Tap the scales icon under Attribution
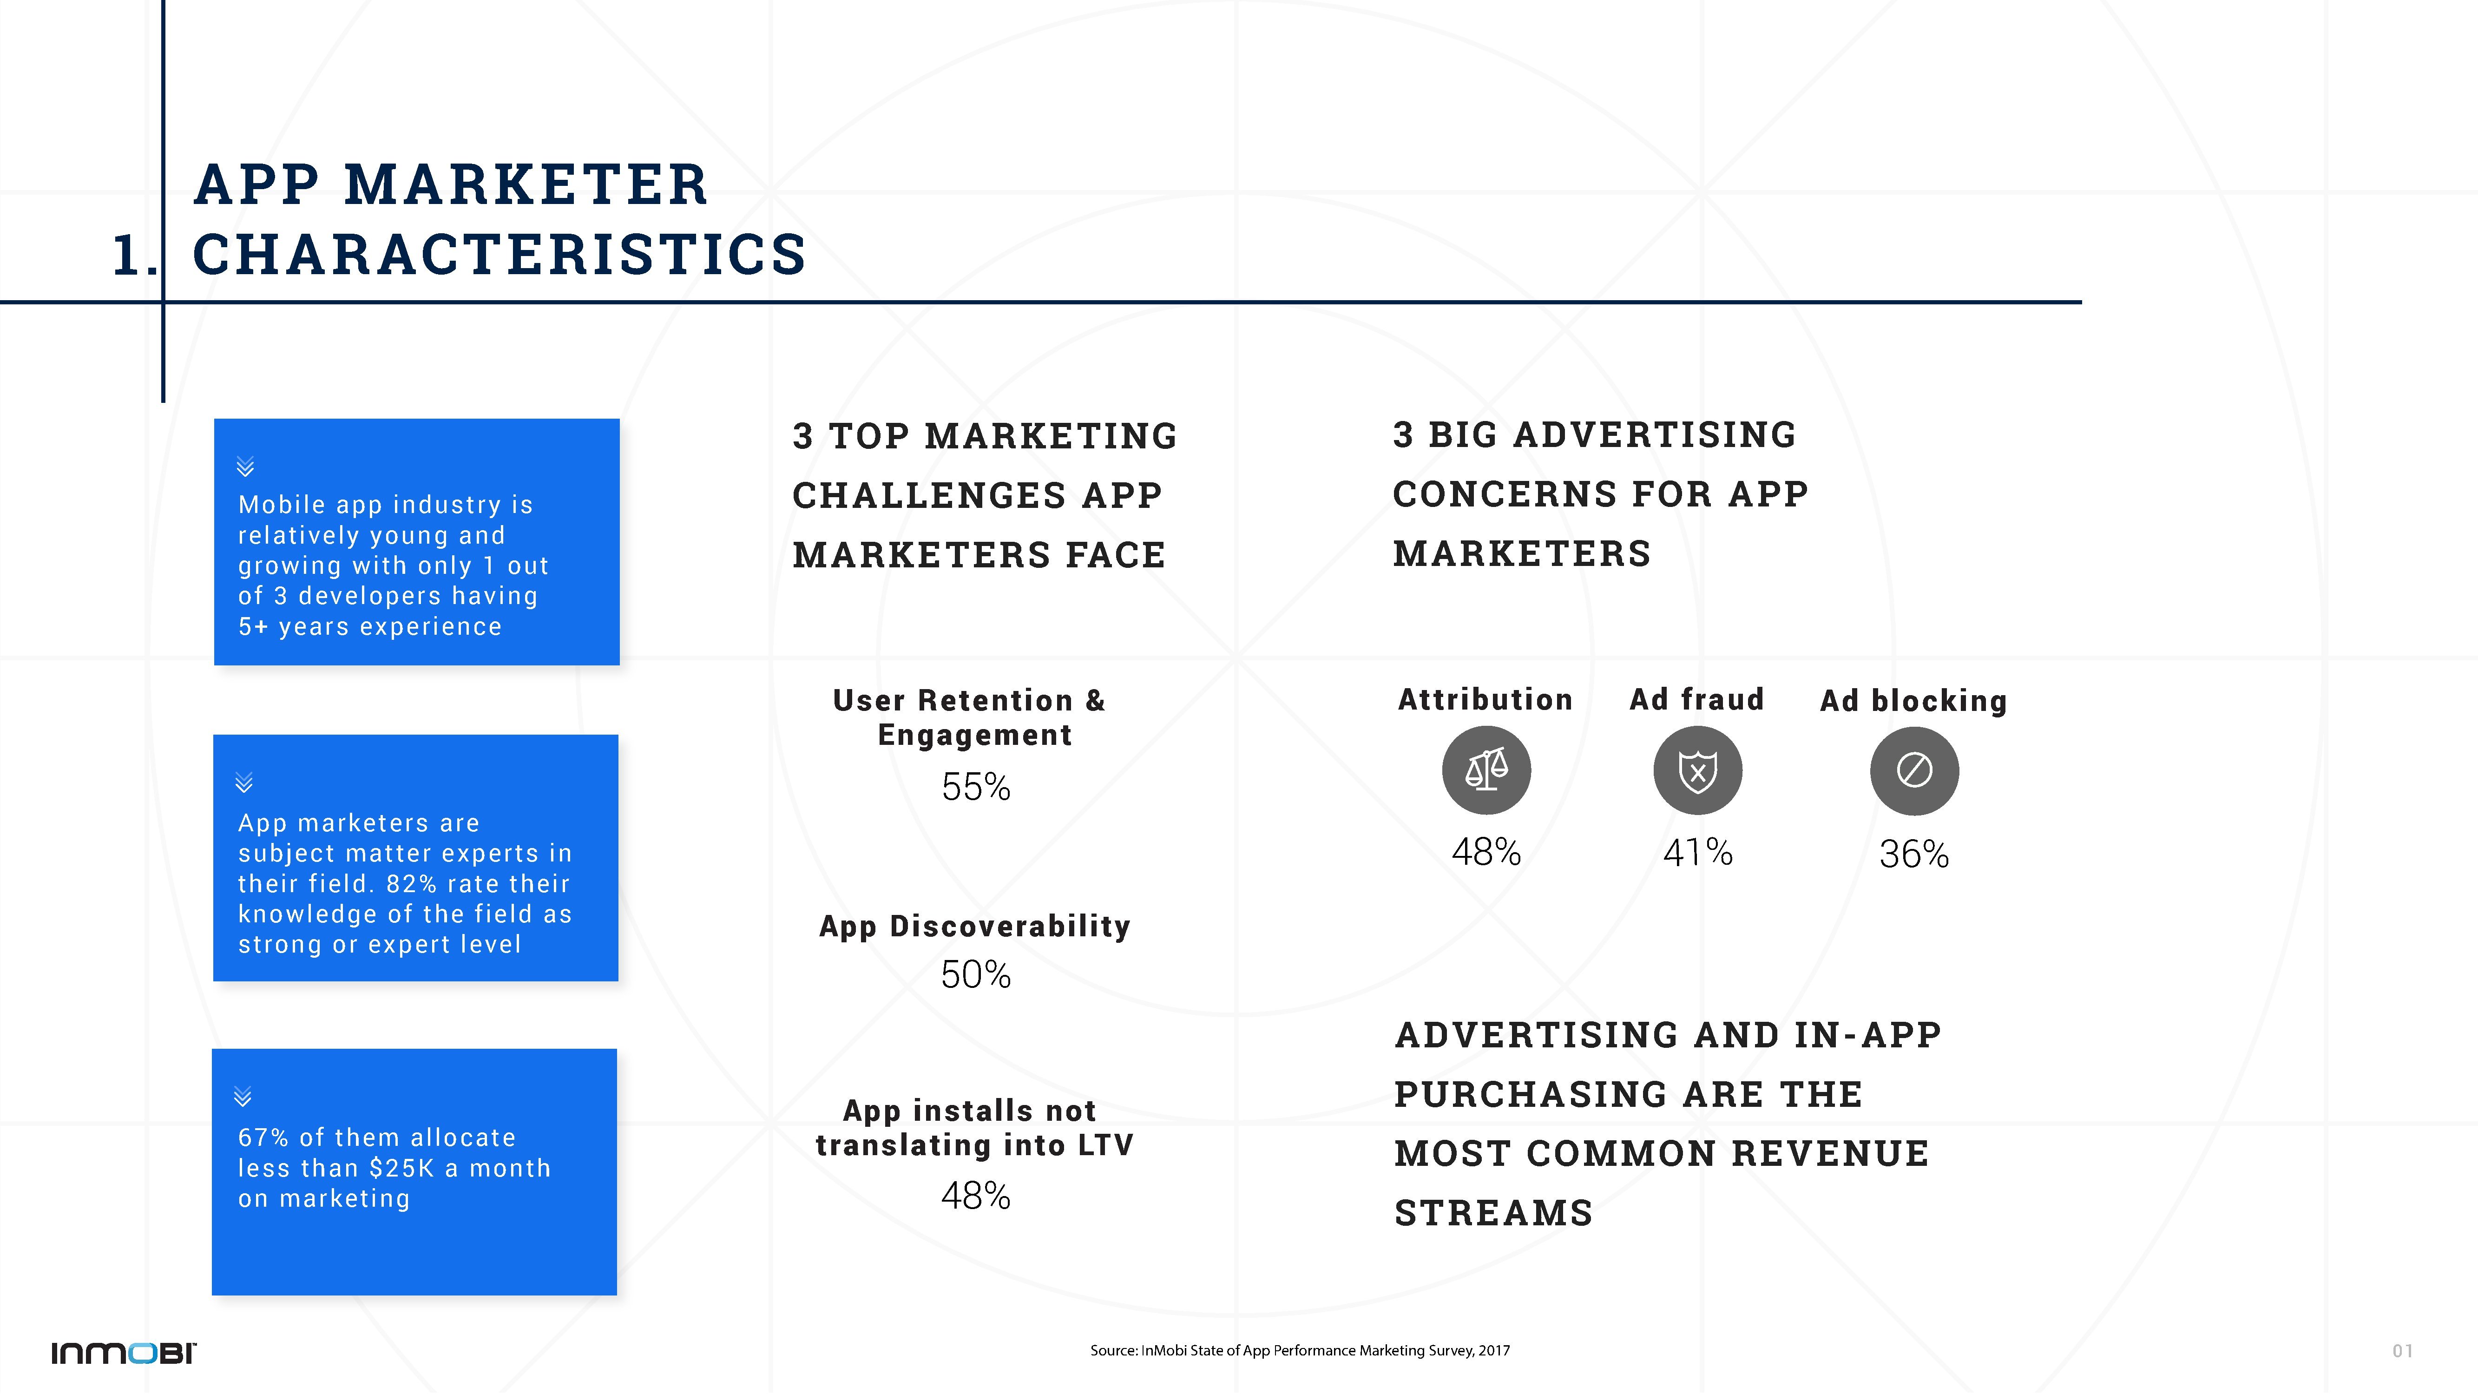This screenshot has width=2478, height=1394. [x=1486, y=770]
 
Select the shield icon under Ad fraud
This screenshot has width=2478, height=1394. [x=1698, y=770]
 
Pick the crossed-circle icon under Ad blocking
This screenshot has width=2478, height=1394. [x=1914, y=770]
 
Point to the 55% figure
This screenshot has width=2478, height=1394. [x=975, y=787]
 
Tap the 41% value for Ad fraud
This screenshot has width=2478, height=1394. [x=1698, y=852]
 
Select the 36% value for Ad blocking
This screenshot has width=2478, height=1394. [x=1914, y=855]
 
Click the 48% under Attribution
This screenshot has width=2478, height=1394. [x=1486, y=852]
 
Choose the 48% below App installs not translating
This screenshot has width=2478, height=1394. [x=975, y=1196]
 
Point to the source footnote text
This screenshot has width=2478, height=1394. [x=1300, y=1351]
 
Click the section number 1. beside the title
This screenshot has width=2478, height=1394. [x=134, y=256]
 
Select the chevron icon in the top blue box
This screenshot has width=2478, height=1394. [x=245, y=467]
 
